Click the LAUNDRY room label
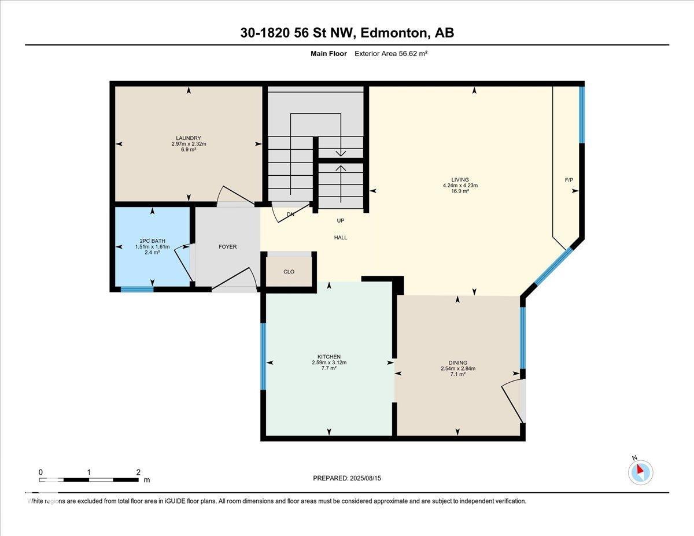click(189, 138)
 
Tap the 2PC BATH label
click(152, 241)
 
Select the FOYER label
click(228, 247)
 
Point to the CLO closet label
click(289, 272)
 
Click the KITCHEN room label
click(329, 357)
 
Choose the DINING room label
click(458, 363)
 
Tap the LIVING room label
click(460, 180)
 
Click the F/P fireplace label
click(569, 180)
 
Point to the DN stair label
click(290, 215)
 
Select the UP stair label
click(341, 221)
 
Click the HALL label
click(341, 238)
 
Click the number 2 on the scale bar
click(138, 472)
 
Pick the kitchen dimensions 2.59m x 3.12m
click(329, 363)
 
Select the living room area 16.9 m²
click(460, 191)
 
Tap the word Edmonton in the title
click(394, 33)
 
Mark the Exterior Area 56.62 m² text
click(391, 54)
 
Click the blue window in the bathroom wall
click(137, 290)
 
